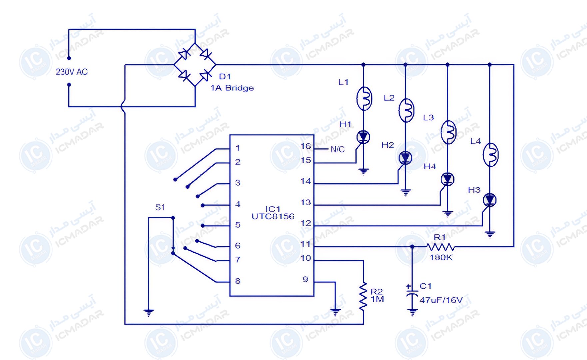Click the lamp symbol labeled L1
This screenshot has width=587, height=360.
[x=364, y=98]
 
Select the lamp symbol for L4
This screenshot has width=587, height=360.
[x=490, y=155]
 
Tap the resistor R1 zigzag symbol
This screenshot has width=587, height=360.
[x=440, y=247]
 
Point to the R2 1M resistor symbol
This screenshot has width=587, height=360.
[x=363, y=296]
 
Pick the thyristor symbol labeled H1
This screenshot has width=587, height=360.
[x=363, y=137]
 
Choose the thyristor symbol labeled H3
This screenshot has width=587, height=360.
[x=489, y=200]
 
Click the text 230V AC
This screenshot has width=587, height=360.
[x=72, y=72]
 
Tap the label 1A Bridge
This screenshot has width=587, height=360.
[x=232, y=88]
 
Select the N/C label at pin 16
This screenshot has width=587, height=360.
[x=337, y=149]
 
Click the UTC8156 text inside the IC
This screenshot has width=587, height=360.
[x=273, y=217]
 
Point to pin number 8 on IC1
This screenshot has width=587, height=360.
[x=238, y=281]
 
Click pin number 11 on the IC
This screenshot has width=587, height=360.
[x=305, y=244]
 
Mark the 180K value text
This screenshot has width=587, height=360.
[x=441, y=257]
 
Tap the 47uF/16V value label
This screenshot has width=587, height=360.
[x=441, y=300]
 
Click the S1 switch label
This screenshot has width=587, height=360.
[x=160, y=207]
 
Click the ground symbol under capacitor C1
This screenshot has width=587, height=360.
[x=412, y=312]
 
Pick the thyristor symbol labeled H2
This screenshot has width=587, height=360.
[x=405, y=158]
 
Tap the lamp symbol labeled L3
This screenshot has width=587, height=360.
[x=448, y=132]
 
